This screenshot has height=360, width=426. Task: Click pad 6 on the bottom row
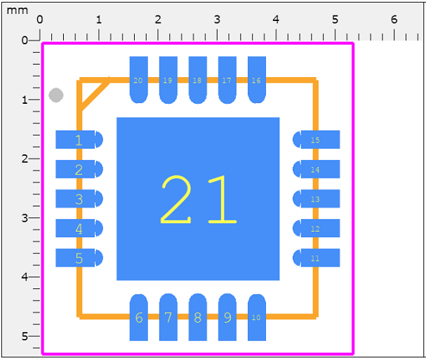click(x=139, y=316)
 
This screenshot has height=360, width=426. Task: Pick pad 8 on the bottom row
click(x=197, y=316)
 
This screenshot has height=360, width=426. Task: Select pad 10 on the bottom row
click(x=256, y=316)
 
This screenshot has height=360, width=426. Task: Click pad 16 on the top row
click(x=256, y=79)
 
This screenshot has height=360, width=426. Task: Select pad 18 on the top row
click(x=197, y=79)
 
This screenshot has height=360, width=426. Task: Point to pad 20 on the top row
click(x=139, y=79)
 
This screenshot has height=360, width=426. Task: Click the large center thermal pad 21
click(x=197, y=199)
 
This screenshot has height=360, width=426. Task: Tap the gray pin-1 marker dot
click(x=56, y=95)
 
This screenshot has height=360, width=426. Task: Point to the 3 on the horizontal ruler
click(x=217, y=19)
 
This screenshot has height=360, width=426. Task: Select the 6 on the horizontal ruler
click(x=394, y=19)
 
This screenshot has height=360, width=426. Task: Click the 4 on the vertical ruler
click(x=25, y=276)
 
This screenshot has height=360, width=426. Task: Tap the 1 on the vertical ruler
click(x=25, y=100)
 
